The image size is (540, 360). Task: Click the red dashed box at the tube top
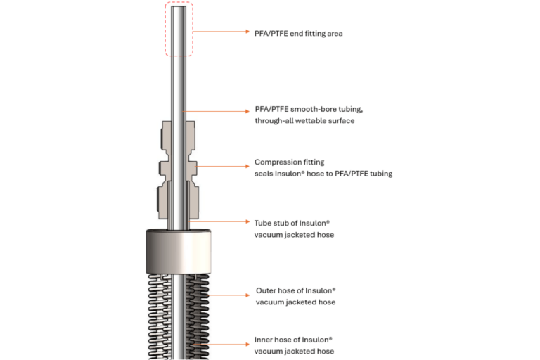pyautogui.click(x=179, y=30)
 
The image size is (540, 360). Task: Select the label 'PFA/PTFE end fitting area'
pyautogui.click(x=298, y=32)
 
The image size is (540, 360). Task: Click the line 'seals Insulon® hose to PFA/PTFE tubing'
pyautogui.click(x=323, y=174)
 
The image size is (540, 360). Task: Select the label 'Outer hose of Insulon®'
pyautogui.click(x=295, y=290)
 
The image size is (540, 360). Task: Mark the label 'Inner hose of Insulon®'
pyautogui.click(x=293, y=340)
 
